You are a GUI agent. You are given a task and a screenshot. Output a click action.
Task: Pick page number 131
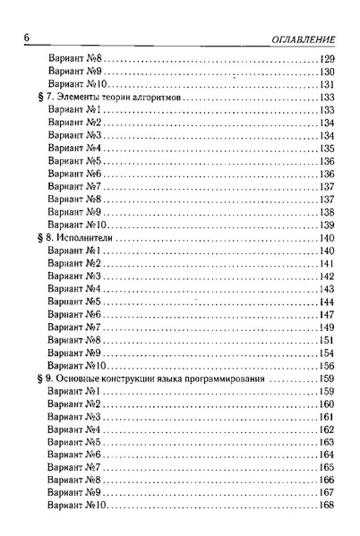pyautogui.click(x=325, y=84)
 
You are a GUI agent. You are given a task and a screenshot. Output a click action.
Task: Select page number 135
pyautogui.click(x=325, y=149)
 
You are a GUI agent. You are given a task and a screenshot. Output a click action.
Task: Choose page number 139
pyautogui.click(x=325, y=225)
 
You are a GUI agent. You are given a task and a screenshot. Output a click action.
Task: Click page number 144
pyautogui.click(x=325, y=302)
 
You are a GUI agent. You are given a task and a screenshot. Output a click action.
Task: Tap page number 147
pyautogui.click(x=325, y=315)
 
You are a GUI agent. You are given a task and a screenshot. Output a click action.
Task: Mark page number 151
pyautogui.click(x=325, y=341)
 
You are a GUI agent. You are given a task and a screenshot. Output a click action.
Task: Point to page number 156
pyautogui.click(x=325, y=366)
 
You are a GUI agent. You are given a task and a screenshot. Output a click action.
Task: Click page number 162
pyautogui.click(x=325, y=430)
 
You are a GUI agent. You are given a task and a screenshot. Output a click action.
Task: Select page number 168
pyautogui.click(x=325, y=506)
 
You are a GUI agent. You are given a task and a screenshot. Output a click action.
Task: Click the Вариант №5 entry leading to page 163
pyautogui.click(x=74, y=443)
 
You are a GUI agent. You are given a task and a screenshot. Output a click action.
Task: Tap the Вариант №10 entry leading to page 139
pyautogui.click(x=77, y=225)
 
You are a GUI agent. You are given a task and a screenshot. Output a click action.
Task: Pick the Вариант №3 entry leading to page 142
pyautogui.click(x=74, y=277)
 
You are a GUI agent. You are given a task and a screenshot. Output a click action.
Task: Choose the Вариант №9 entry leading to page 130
pyautogui.click(x=74, y=72)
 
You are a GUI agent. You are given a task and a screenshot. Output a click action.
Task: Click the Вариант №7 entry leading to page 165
pyautogui.click(x=74, y=468)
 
